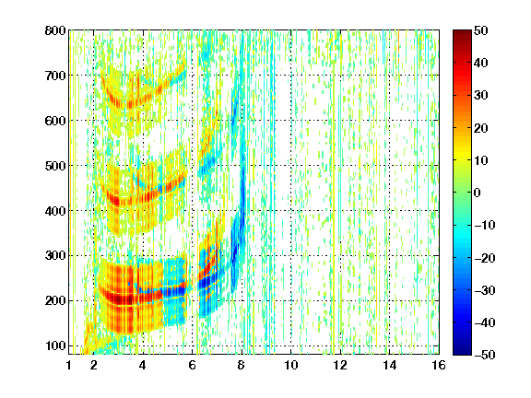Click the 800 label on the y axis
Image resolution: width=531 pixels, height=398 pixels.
coord(55,30)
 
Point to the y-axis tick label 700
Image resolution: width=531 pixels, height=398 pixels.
coord(55,76)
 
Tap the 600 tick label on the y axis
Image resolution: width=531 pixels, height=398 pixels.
coord(55,121)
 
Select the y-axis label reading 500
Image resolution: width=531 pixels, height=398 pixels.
coord(55,166)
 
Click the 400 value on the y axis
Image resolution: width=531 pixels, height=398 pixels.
coord(55,211)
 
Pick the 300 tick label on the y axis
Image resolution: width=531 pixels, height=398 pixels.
coord(55,256)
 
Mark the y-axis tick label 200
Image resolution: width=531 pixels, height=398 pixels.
coord(55,301)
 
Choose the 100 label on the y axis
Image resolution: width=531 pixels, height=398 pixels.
coord(55,345)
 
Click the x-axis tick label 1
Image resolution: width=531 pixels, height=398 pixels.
coord(69,365)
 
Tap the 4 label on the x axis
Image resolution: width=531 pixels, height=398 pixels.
coord(143,365)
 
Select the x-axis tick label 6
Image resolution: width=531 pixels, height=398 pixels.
coord(192,365)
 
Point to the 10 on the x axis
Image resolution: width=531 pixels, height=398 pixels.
coord(291,365)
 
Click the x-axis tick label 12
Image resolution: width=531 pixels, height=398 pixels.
coord(340,365)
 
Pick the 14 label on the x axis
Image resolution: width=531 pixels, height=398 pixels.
coord(390,365)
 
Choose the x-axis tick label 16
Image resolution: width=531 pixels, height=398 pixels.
coord(439,365)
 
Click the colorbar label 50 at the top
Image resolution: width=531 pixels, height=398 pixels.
coord(481,30)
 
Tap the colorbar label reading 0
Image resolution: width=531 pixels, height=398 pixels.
coord(478,193)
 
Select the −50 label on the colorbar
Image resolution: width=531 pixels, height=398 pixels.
coord(485,355)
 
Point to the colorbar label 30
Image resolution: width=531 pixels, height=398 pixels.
coord(481,96)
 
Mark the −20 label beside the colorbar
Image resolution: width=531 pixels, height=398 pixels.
coord(485,258)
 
